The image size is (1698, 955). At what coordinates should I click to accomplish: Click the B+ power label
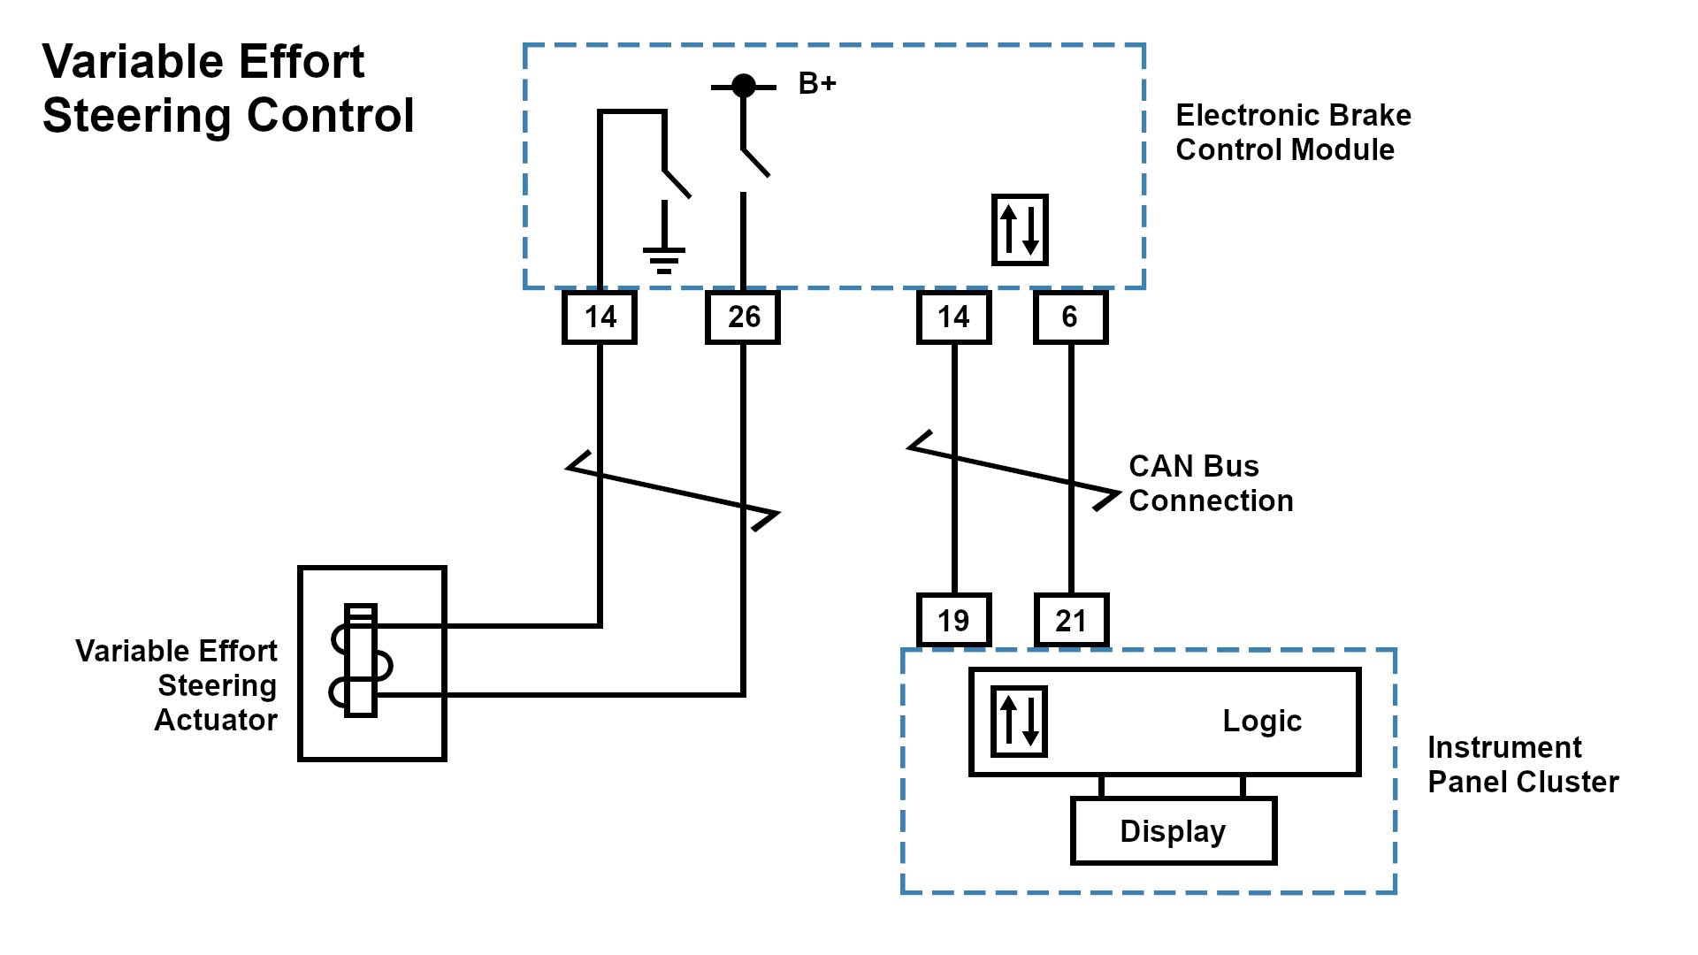(x=816, y=84)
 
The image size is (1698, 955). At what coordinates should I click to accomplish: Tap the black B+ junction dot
(x=744, y=86)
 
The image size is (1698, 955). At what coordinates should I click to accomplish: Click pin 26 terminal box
(x=743, y=317)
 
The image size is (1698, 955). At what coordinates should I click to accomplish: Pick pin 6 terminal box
(x=1070, y=317)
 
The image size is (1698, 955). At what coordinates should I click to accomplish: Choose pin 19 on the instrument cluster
(x=953, y=621)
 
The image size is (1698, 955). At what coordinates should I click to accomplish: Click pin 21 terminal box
(x=1071, y=621)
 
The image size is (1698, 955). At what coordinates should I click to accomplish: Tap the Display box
(x=1173, y=831)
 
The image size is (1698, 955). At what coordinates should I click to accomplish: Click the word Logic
(x=1262, y=722)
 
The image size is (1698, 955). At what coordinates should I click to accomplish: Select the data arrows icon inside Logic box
(x=1020, y=722)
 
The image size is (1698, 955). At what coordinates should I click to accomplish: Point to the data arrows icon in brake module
(x=1020, y=230)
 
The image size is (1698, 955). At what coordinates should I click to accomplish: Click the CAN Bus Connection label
(x=1211, y=484)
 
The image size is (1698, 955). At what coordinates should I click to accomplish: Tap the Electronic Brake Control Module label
(x=1293, y=133)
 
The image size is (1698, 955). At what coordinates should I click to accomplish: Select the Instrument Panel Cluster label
(x=1523, y=765)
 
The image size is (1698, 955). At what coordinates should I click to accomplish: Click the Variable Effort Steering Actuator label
(x=177, y=685)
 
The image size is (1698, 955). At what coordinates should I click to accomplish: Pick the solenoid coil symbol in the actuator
(x=361, y=661)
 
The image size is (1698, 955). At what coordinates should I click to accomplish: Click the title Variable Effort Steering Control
(x=228, y=88)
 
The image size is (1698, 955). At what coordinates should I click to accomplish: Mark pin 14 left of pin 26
(x=600, y=317)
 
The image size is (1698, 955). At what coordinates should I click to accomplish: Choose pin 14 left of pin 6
(x=953, y=317)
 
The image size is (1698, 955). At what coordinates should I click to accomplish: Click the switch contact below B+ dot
(x=753, y=161)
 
